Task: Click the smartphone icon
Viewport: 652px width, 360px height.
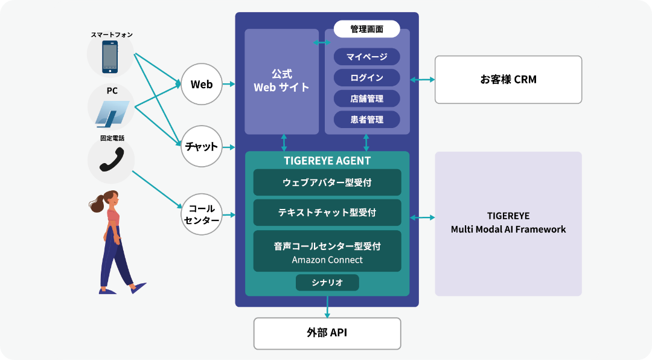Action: coord(110,57)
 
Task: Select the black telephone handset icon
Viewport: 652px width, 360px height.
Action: coord(111,161)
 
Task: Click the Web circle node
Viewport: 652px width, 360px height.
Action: coord(201,85)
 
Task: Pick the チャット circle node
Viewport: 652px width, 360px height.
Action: coord(201,146)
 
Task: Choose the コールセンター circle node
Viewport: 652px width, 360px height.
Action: coord(201,214)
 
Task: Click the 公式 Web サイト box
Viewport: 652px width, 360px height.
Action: coord(281,81)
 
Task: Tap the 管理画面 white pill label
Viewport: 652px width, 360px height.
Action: coord(366,28)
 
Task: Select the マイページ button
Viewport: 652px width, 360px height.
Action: coord(366,57)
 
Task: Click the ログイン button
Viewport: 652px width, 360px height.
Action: coord(366,77)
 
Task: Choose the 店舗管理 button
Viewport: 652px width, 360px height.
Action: coord(366,98)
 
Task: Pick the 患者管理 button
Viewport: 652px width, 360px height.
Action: coord(366,119)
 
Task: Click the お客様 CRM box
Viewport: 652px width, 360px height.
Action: coord(508,80)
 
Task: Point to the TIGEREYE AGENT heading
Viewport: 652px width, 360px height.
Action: coord(327,161)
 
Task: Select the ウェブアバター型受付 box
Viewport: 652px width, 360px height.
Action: coord(327,182)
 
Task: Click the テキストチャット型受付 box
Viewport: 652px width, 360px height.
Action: coord(327,213)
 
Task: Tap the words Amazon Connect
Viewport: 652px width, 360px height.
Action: coord(327,260)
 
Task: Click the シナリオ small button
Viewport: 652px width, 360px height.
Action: coord(327,283)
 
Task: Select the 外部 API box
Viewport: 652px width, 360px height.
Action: coord(327,333)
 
